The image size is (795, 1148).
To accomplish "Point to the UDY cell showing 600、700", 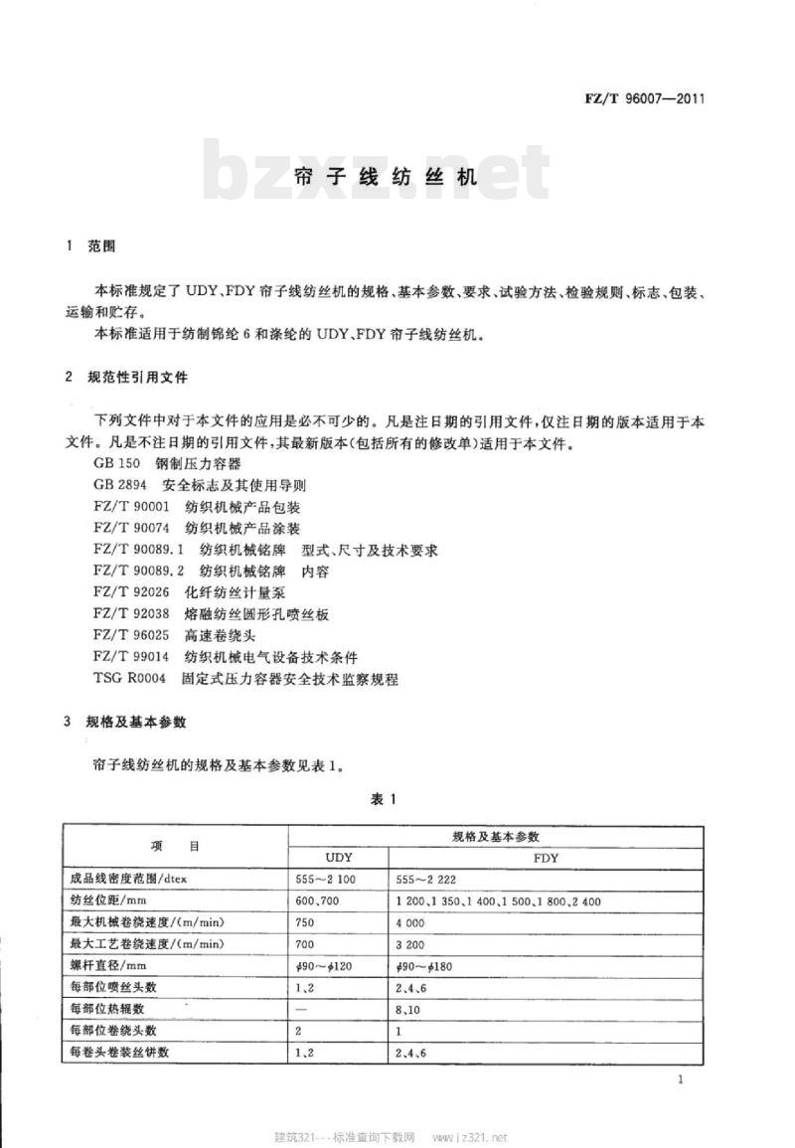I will pyautogui.click(x=319, y=902).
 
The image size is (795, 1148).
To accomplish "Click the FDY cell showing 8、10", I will pyautogui.click(x=408, y=1011).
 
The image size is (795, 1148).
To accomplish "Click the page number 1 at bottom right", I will pyautogui.click(x=679, y=1080).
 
